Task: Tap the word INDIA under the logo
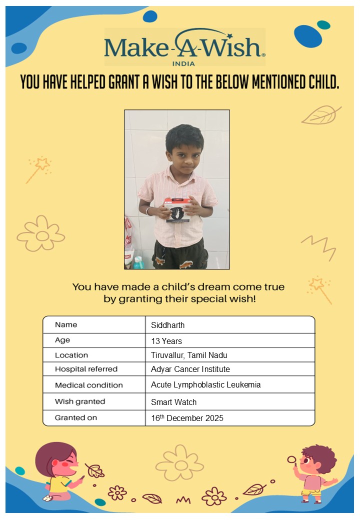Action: point(183,63)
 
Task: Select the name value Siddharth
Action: point(168,325)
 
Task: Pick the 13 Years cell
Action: point(166,341)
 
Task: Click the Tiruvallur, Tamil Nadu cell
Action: point(189,355)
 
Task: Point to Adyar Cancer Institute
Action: point(190,369)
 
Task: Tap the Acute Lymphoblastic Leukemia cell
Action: point(206,385)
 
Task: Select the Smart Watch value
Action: point(174,402)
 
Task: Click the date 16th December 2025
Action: point(187,418)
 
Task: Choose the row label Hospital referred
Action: point(86,369)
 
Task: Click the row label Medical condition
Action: point(88,385)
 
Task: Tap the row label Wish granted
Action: point(80,401)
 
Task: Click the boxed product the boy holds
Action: point(177,209)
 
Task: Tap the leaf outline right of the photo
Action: point(320,115)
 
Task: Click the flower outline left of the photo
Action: point(41,234)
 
